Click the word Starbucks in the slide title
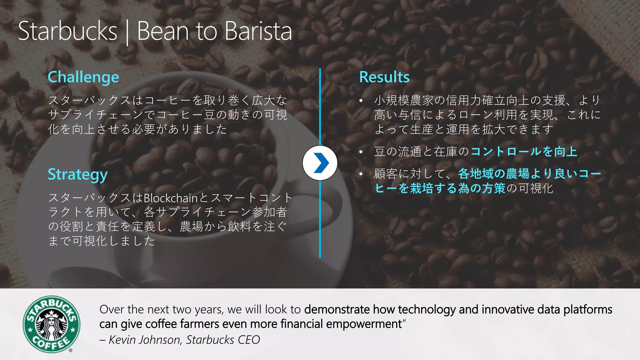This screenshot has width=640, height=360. (x=67, y=31)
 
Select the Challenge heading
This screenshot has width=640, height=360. (x=83, y=77)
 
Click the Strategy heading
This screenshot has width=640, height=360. (x=77, y=174)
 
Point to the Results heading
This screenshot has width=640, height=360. (x=384, y=77)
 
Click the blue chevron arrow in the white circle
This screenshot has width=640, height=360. (x=320, y=163)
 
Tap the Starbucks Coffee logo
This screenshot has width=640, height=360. (x=52, y=324)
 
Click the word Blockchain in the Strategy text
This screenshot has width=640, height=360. (x=171, y=198)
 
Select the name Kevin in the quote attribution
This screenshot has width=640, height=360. (x=122, y=340)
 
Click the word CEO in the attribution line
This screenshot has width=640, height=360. (x=249, y=340)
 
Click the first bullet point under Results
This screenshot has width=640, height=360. (x=361, y=101)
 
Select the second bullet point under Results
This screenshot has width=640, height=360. (x=361, y=152)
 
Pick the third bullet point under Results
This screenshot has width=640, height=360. (x=361, y=174)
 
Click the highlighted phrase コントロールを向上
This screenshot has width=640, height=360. (x=524, y=152)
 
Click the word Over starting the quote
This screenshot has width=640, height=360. (x=112, y=310)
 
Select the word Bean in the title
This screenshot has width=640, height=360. (x=163, y=31)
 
